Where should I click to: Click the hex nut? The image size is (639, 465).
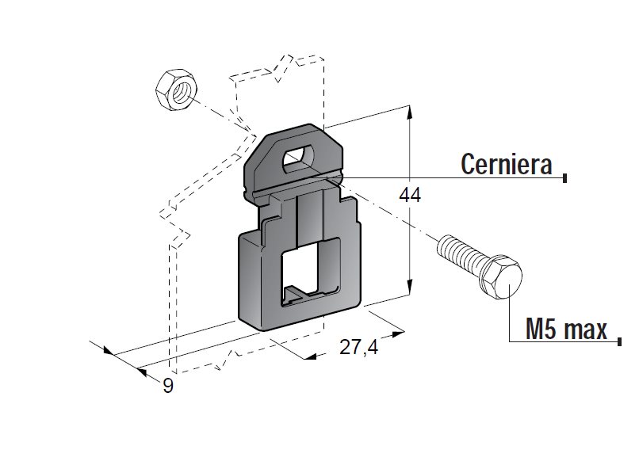176,90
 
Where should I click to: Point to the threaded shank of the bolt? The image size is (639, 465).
461,250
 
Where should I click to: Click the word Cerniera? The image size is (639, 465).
506,164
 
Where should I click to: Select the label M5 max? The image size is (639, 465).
566,329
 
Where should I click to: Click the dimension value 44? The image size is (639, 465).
410,196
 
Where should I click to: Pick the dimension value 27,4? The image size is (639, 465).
358,347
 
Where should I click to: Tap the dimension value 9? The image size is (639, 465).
168,386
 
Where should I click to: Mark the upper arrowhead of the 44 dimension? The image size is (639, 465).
409,112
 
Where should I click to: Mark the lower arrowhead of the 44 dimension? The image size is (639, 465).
410,286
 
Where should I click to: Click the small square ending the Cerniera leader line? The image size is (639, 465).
564,178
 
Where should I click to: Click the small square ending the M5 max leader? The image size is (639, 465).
619,341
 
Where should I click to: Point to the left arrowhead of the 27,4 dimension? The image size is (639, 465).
311,356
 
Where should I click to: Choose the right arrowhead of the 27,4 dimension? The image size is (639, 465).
398,334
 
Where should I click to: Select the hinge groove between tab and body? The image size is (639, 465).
293,185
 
